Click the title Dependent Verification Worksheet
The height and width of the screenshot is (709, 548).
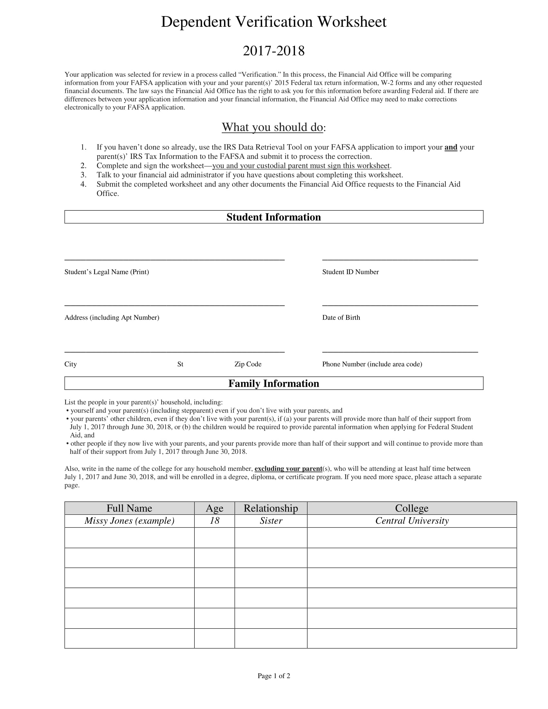274,22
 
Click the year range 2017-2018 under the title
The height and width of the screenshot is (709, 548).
274,51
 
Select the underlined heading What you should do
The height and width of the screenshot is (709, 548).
272,127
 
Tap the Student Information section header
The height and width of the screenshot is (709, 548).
274,217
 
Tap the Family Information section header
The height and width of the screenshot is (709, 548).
274,384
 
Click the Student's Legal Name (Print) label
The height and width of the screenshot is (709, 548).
106,272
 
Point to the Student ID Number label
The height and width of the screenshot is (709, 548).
350,272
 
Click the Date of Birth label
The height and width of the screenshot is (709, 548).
341,317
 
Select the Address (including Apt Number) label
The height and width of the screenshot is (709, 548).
112,317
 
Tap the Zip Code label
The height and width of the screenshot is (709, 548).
248,364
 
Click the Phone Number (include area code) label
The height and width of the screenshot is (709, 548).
372,364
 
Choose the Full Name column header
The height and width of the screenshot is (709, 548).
129,508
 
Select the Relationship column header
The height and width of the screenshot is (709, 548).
271,508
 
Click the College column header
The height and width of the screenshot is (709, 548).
412,508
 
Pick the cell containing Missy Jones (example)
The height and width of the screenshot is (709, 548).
129,521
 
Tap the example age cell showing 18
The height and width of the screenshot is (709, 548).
214,521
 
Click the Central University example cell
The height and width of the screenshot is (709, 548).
412,521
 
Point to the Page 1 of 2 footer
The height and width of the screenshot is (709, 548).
274,676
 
